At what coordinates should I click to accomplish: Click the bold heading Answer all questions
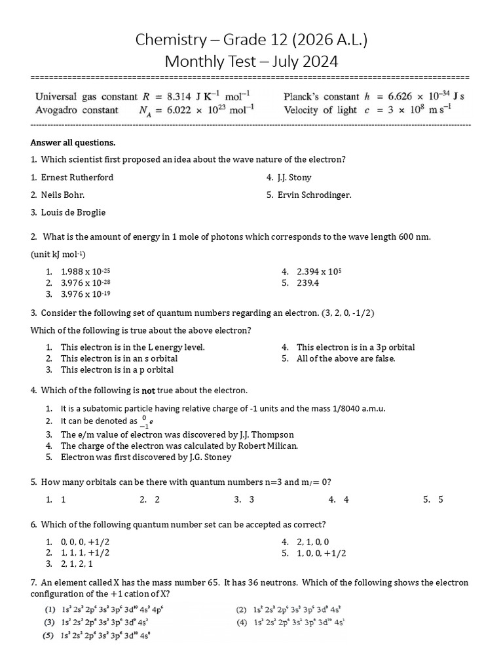click(x=73, y=143)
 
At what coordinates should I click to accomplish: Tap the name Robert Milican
click(x=267, y=446)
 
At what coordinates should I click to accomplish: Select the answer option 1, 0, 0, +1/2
click(x=322, y=553)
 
